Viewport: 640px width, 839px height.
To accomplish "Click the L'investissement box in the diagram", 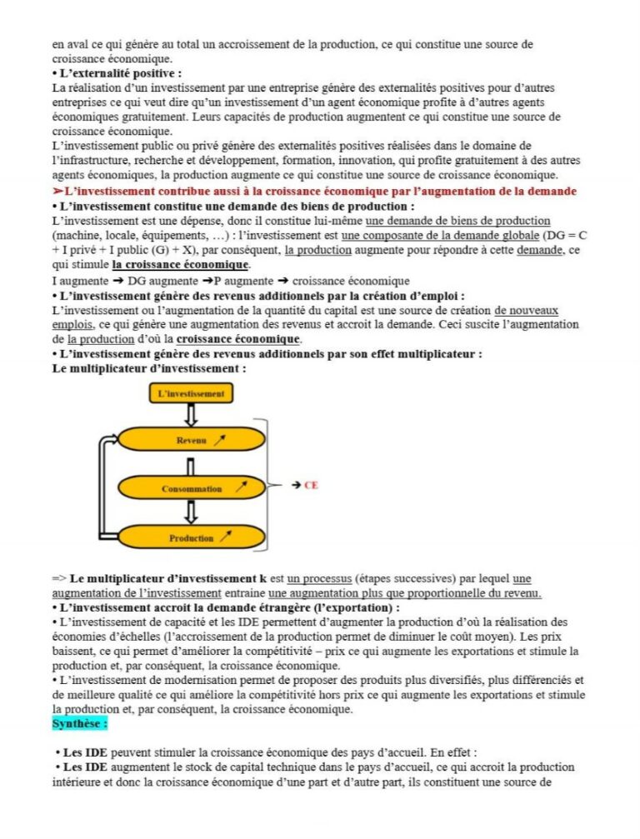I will pos(191,392).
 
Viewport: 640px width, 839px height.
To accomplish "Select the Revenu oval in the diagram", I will pos(191,440).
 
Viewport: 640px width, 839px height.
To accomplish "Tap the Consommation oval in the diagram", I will pos(191,488).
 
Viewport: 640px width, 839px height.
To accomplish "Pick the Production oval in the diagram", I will pos(191,537).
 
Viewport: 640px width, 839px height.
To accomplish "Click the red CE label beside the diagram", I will pos(311,484).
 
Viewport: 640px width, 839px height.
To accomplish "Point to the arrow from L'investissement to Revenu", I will pos(191,415).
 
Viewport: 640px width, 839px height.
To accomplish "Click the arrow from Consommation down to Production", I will pos(191,512).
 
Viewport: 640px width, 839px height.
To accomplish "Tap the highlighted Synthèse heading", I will pos(80,724).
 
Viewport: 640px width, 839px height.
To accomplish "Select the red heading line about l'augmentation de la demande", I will pos(313,192).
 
